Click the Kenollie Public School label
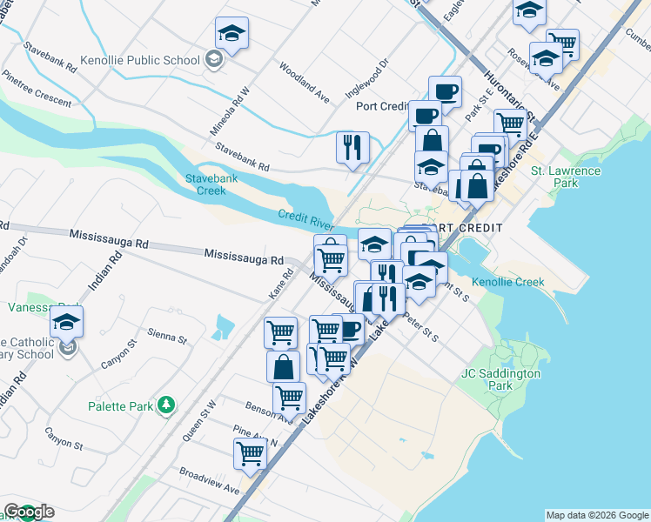pos(141,60)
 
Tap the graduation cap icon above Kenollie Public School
pos(232,34)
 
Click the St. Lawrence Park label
pos(567,177)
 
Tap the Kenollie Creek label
pos(507,282)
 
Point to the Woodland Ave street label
pos(304,83)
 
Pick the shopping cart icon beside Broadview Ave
pos(251,453)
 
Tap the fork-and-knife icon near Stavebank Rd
pos(352,147)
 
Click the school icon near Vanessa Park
pos(66,322)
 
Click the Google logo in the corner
pos(30,512)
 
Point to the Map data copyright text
pos(596,515)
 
